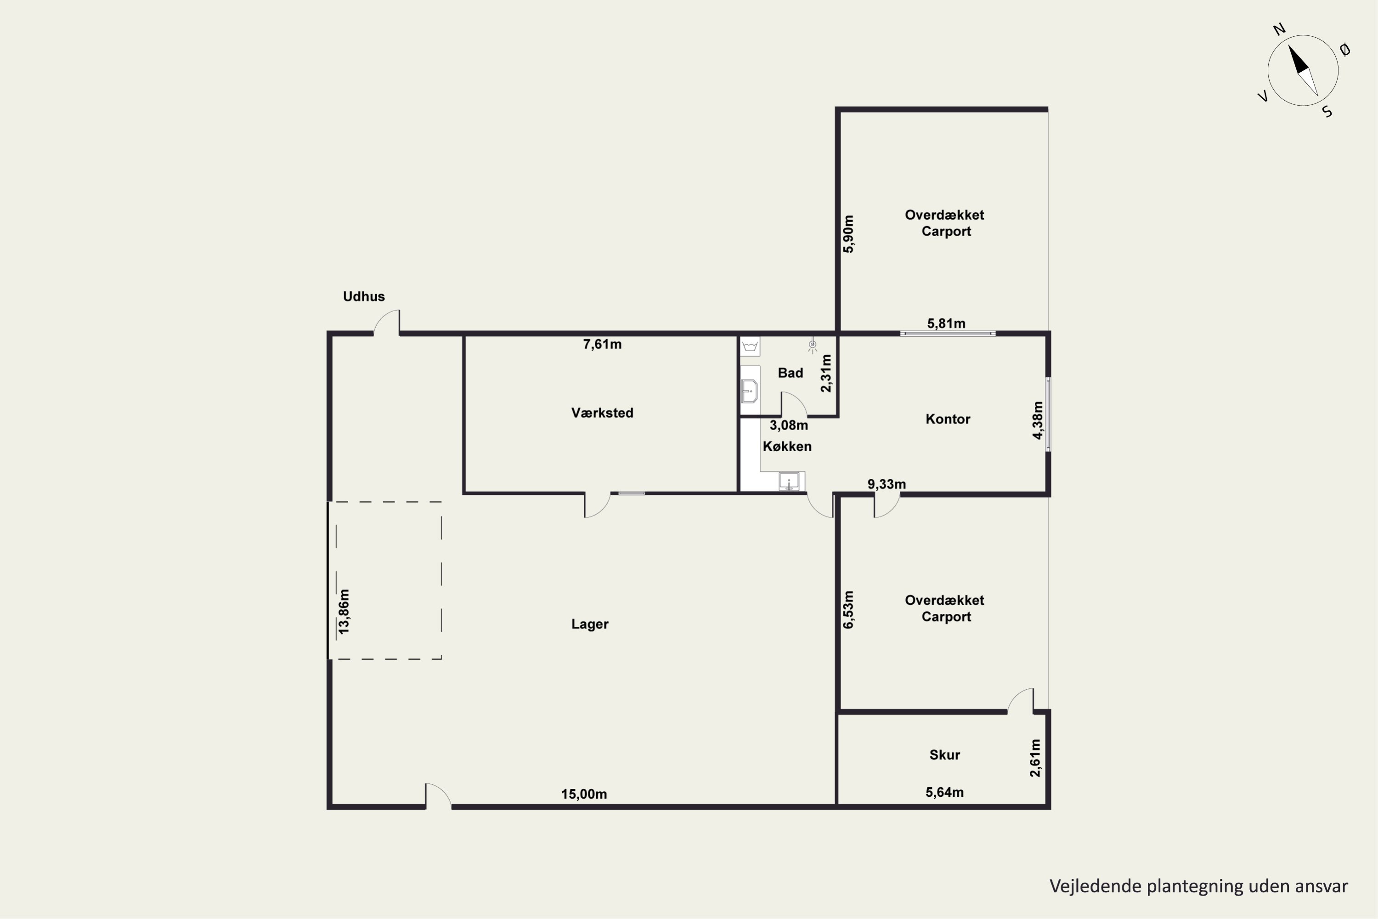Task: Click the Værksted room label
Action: tap(602, 413)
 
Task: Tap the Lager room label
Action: tap(590, 624)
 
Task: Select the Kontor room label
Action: tap(948, 419)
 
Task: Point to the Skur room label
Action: tap(944, 755)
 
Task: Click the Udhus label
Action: tap(364, 296)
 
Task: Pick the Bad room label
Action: tap(791, 373)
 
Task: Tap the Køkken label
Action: tap(787, 447)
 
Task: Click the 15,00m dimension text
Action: tap(584, 794)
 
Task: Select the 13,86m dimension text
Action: tap(344, 611)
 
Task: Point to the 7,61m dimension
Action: tap(602, 345)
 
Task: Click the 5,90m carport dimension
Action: tap(848, 234)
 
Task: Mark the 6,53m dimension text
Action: tap(848, 610)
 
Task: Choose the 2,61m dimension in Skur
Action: tap(1035, 758)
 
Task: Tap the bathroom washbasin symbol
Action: tap(749, 391)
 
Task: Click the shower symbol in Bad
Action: tap(812, 346)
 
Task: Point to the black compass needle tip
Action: tap(1289, 45)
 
